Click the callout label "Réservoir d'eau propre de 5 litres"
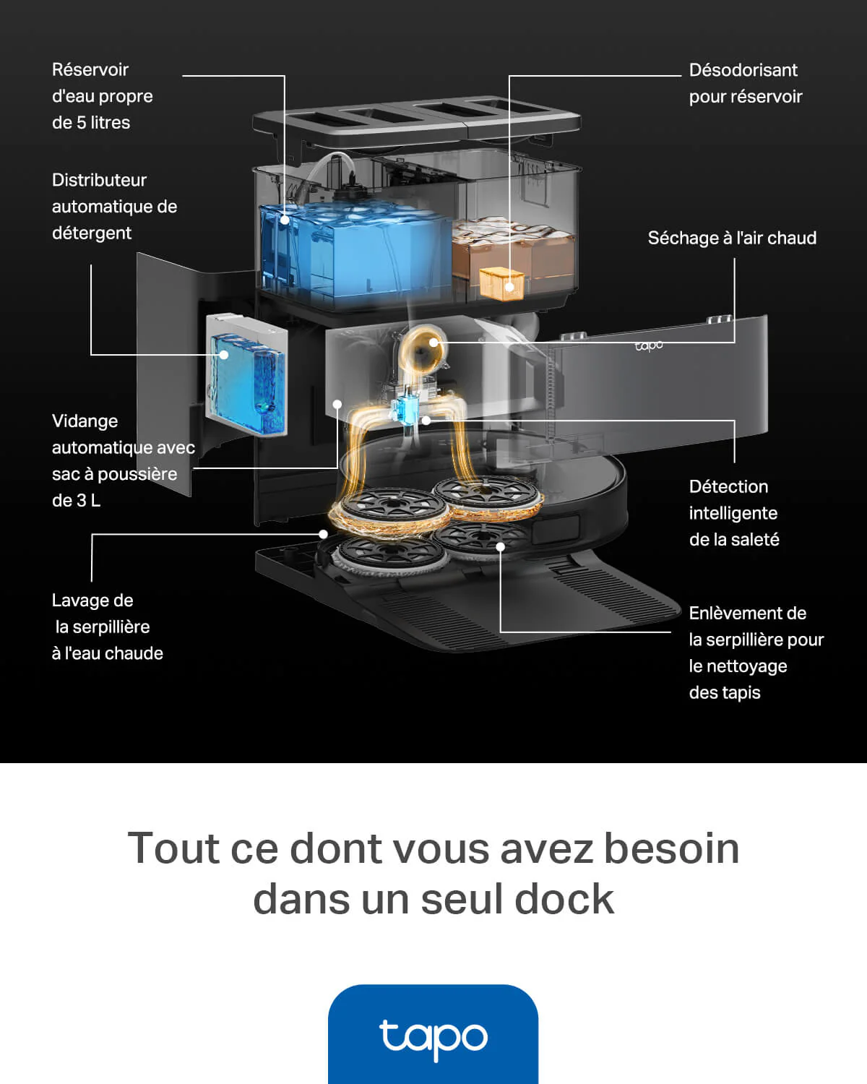(x=102, y=96)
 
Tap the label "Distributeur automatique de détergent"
(x=114, y=207)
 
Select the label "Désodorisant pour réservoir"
(x=745, y=83)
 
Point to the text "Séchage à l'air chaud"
(x=731, y=238)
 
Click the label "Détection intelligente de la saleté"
(x=733, y=513)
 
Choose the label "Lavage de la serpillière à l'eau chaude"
(x=107, y=627)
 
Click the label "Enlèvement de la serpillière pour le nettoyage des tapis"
(x=756, y=653)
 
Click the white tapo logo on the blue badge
(x=433, y=1038)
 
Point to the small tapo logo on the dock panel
(x=649, y=345)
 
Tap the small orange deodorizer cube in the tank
(x=501, y=283)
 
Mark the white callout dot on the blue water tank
(x=285, y=220)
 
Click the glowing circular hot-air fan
(x=421, y=347)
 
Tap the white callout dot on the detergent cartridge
(x=224, y=355)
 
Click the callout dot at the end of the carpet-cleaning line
(x=500, y=547)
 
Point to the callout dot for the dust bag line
(x=337, y=405)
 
